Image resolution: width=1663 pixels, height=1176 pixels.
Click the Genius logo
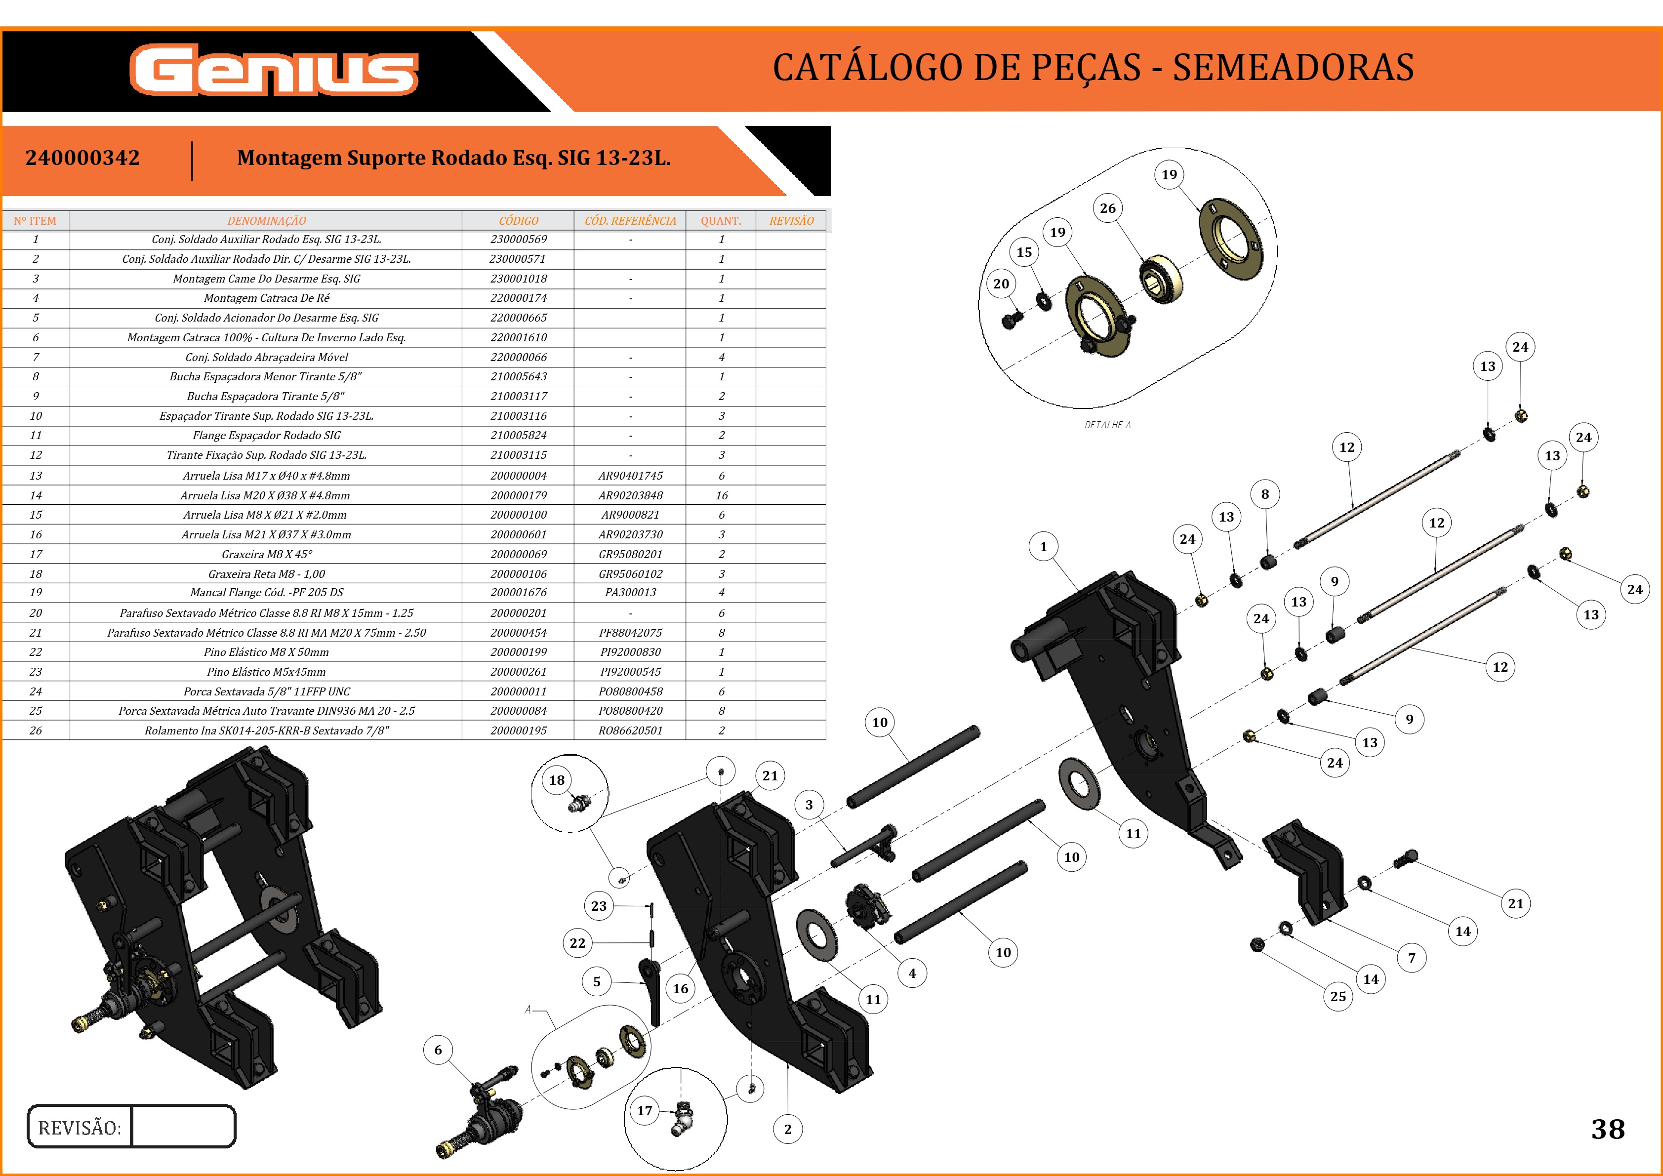pos(274,70)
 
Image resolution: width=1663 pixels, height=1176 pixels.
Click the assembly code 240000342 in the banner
pos(82,158)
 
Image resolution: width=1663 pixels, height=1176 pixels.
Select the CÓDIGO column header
pos(519,221)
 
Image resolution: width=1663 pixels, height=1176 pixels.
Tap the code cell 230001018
pos(519,279)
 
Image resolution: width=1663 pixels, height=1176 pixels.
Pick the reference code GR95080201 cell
pos(630,554)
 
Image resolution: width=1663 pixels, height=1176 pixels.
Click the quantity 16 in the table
pos(722,495)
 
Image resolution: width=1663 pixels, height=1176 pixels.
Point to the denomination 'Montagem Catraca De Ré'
pos(267,298)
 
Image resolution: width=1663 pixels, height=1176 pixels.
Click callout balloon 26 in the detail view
pos(1107,208)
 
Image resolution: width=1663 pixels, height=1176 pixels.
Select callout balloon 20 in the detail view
pos(1001,284)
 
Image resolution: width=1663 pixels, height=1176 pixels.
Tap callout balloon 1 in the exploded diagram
pos(1043,547)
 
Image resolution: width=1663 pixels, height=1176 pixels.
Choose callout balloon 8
pos(1264,494)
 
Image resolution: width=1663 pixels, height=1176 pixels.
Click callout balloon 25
pos(1338,996)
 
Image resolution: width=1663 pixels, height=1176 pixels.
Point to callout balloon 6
pos(438,1050)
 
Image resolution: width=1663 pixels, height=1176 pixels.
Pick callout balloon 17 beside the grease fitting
pos(645,1110)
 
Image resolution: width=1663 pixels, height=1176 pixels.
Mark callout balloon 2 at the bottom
pos(787,1129)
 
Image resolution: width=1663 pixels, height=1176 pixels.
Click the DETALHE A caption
pos(1107,425)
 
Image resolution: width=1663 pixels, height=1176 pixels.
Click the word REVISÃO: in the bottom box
pos(80,1128)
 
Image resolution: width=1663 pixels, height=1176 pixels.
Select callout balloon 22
pos(577,943)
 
